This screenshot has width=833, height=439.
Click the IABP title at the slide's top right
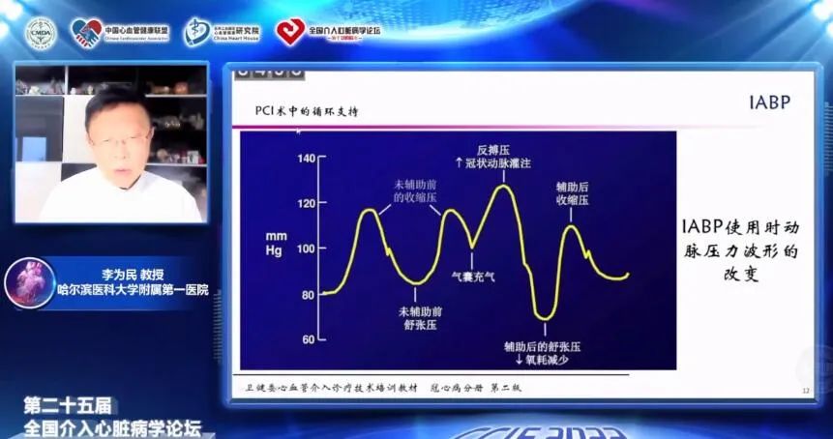(770, 102)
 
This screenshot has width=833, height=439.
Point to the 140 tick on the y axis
(307, 159)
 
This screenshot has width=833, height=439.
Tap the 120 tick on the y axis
(307, 203)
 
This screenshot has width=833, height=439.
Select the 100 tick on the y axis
(307, 249)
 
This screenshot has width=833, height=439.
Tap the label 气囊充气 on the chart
(474, 276)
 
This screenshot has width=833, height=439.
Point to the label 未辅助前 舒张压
(420, 318)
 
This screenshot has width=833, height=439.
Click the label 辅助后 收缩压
(573, 191)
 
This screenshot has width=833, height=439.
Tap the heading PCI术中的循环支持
(306, 111)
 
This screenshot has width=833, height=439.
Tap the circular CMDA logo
(41, 32)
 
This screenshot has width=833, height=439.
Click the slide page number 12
(805, 391)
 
